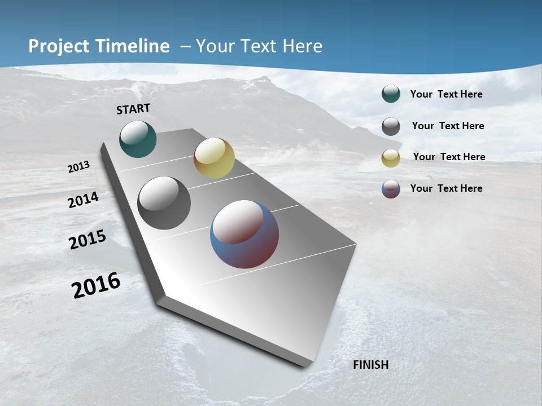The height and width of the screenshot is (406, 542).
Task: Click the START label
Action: (133, 109)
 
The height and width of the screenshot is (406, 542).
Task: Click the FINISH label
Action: (370, 365)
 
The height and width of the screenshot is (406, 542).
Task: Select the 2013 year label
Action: (79, 166)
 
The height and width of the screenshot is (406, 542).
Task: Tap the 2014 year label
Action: (84, 200)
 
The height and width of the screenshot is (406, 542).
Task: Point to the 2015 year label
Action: (88, 240)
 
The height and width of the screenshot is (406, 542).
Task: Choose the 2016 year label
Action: (96, 285)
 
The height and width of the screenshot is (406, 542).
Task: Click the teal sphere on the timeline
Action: (138, 139)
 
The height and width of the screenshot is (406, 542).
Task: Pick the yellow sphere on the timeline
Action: (214, 158)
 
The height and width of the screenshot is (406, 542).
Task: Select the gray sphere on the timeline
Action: (164, 203)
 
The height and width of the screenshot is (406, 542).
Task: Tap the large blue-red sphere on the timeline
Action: (244, 234)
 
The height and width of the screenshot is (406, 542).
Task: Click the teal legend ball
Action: (391, 94)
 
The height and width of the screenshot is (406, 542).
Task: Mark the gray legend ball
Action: (391, 126)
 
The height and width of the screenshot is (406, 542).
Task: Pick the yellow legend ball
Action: (391, 158)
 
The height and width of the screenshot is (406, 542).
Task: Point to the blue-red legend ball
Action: (391, 189)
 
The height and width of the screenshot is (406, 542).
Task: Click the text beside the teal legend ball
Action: (446, 94)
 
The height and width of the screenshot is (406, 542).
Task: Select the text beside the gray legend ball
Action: (448, 126)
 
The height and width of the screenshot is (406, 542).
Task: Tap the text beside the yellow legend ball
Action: (449, 157)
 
